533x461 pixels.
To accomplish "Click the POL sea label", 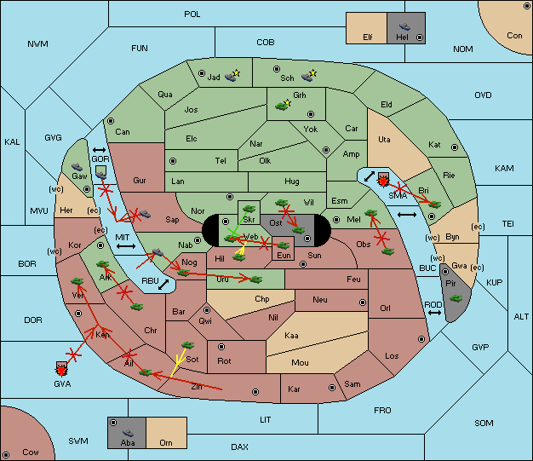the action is (192, 14).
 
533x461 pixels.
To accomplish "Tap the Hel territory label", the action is (402, 37).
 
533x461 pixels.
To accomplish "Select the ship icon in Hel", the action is (404, 26).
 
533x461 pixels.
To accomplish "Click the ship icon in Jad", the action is (231, 77).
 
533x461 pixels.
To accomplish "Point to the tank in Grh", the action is (282, 107).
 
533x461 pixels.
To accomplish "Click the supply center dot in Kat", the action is (455, 147).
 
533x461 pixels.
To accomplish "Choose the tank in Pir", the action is (456, 298).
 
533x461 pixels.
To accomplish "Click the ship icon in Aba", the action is (129, 433).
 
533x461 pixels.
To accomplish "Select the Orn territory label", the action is (166, 442).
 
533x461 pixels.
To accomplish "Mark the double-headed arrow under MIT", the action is (126, 246).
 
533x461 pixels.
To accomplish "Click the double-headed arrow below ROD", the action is (434, 313).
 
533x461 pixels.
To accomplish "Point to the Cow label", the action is (31, 452).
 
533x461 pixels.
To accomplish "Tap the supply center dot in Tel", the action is (173, 160).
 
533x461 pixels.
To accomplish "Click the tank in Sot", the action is (187, 345).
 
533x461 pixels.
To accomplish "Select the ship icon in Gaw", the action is (77, 167).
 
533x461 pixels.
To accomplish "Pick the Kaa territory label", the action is (291, 336).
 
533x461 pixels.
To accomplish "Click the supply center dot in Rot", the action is (221, 347).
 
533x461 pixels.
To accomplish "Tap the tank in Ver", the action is (77, 281).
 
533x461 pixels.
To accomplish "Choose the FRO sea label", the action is (382, 411).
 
